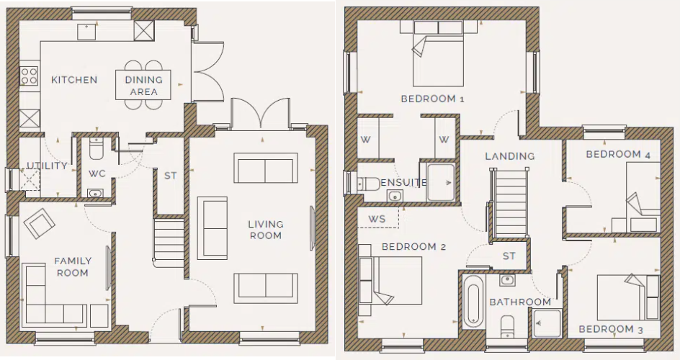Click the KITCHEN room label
pyautogui.click(x=73, y=80)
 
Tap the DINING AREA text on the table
pyautogui.click(x=144, y=86)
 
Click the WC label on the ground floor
pyautogui.click(x=97, y=174)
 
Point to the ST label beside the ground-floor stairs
pyautogui.click(x=170, y=175)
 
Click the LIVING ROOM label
pyautogui.click(x=266, y=230)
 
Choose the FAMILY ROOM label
pyautogui.click(x=73, y=266)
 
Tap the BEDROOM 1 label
pyautogui.click(x=432, y=99)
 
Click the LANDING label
pyautogui.click(x=509, y=156)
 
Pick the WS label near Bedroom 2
pyautogui.click(x=377, y=218)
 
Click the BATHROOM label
pyautogui.click(x=520, y=302)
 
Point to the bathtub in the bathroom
pyautogui.click(x=473, y=305)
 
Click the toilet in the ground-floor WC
pyautogui.click(x=97, y=149)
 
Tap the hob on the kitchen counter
pyautogui.click(x=30, y=76)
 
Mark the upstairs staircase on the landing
pyautogui.click(x=509, y=202)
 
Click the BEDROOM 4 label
pyautogui.click(x=613, y=155)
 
